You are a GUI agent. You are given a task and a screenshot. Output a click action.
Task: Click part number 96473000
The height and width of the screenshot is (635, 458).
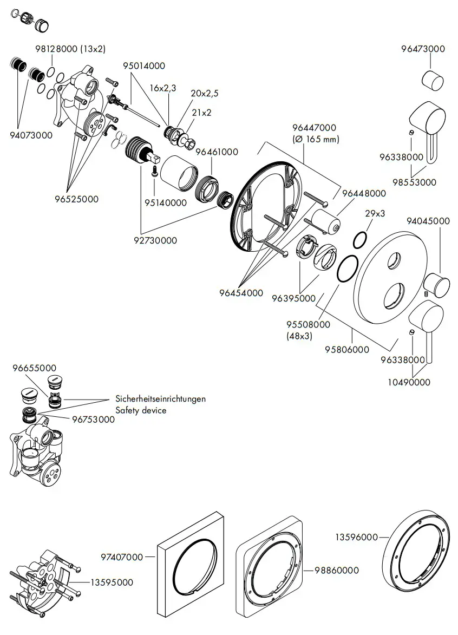[423, 49]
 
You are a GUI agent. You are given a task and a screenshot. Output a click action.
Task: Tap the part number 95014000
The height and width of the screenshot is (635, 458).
[143, 66]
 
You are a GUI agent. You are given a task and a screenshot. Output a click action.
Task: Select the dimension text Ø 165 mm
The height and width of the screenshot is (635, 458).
[316, 139]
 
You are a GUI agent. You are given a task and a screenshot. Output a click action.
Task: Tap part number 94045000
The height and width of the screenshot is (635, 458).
[428, 220]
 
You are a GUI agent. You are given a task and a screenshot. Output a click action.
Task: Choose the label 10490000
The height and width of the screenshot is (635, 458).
[410, 382]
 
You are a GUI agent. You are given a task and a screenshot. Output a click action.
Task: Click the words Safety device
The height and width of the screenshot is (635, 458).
[141, 410]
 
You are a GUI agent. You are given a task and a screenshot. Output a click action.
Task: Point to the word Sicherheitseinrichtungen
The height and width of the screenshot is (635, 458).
[161, 398]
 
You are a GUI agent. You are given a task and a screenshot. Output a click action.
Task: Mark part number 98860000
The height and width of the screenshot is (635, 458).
[337, 571]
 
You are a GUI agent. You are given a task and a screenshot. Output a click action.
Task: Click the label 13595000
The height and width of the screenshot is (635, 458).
[112, 582]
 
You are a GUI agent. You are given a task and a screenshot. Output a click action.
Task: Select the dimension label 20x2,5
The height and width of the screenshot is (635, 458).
[204, 93]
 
